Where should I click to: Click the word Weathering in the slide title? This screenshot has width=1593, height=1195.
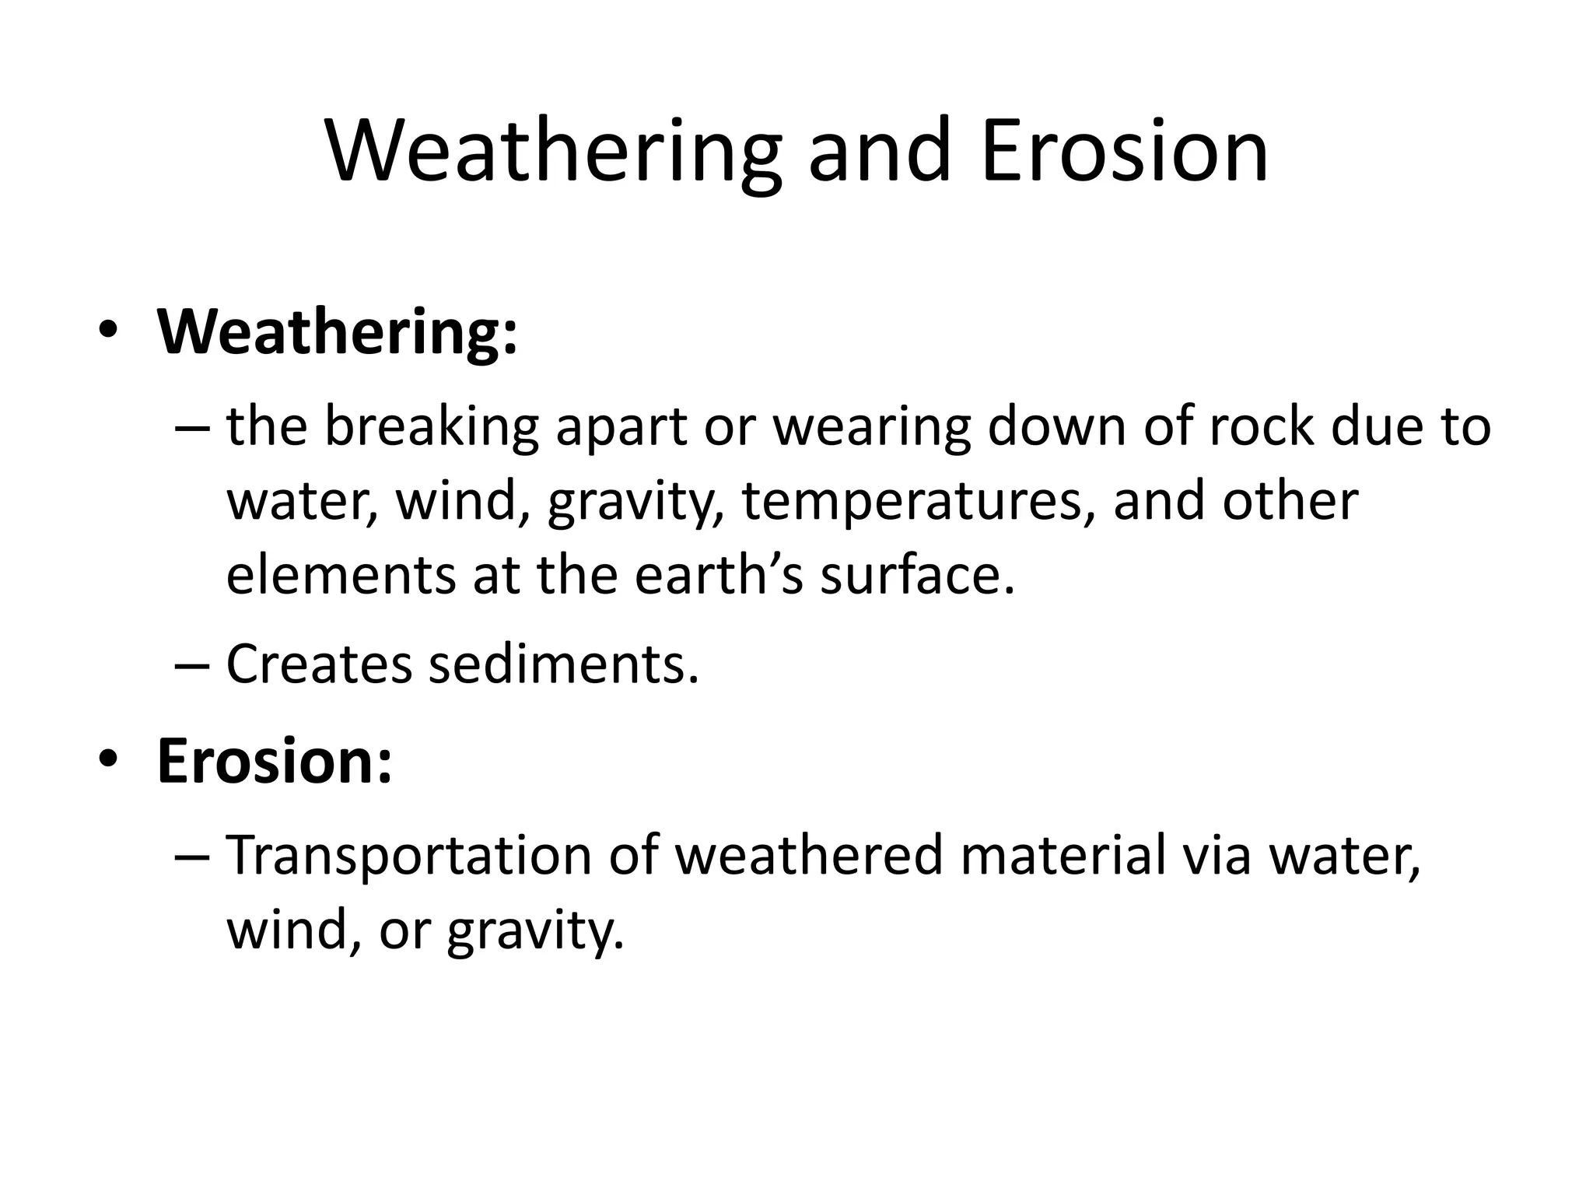(x=553, y=152)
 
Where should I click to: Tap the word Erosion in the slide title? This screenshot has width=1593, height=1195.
(x=1125, y=152)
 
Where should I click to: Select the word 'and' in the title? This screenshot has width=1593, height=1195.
(x=879, y=152)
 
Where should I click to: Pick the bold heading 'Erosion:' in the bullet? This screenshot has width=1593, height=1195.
(x=274, y=761)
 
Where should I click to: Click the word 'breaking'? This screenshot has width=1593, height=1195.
(x=431, y=428)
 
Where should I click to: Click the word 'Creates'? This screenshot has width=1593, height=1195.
(x=318, y=665)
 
